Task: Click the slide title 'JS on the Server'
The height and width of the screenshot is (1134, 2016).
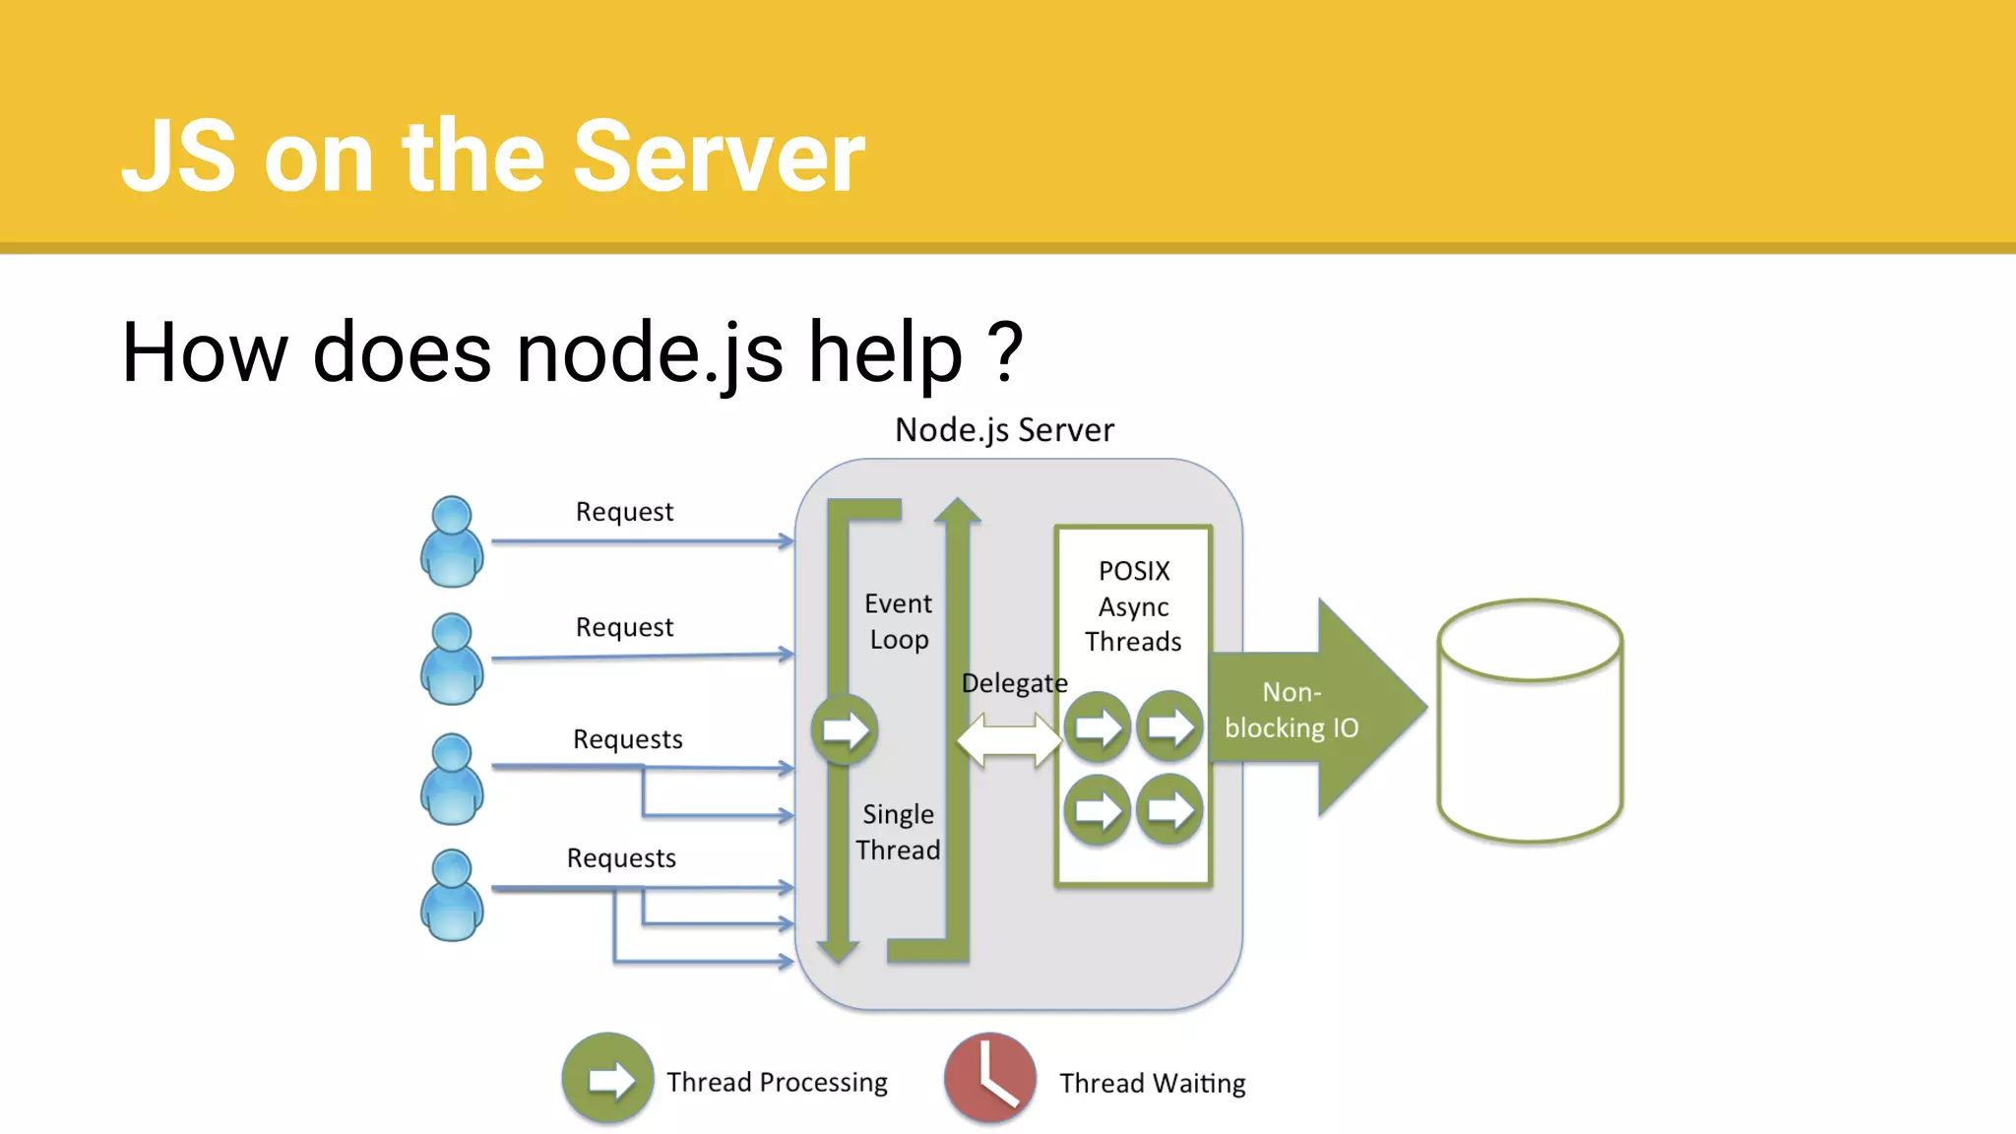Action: [x=493, y=156]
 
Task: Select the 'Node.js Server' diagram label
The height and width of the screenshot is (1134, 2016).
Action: [x=1004, y=430]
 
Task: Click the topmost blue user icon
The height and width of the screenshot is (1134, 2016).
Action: [x=452, y=541]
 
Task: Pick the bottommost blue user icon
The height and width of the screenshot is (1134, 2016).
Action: [x=452, y=895]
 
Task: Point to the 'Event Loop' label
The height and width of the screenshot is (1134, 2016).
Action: [x=898, y=621]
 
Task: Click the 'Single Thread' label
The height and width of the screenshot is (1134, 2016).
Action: [x=898, y=832]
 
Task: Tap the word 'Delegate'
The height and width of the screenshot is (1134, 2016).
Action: [x=1014, y=683]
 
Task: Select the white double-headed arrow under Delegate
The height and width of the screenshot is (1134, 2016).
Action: [x=1009, y=740]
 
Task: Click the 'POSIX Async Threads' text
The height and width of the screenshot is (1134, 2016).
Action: [x=1133, y=606]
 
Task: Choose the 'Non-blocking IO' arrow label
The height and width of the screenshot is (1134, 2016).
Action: [x=1291, y=710]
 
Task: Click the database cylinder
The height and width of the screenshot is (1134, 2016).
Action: [x=1530, y=721]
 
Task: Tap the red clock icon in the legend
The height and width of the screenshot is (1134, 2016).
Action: [x=989, y=1078]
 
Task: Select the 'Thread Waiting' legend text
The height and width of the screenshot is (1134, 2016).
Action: [x=1152, y=1083]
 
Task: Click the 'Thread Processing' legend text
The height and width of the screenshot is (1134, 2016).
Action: [x=777, y=1082]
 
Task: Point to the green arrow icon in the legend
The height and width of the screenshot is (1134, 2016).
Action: [x=607, y=1078]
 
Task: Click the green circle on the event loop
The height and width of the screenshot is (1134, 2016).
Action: [x=844, y=729]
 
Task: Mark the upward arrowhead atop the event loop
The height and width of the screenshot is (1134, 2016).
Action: [x=957, y=510]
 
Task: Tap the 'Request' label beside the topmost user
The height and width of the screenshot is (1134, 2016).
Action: [x=624, y=512]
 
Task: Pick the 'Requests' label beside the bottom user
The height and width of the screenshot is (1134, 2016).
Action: [x=621, y=858]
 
